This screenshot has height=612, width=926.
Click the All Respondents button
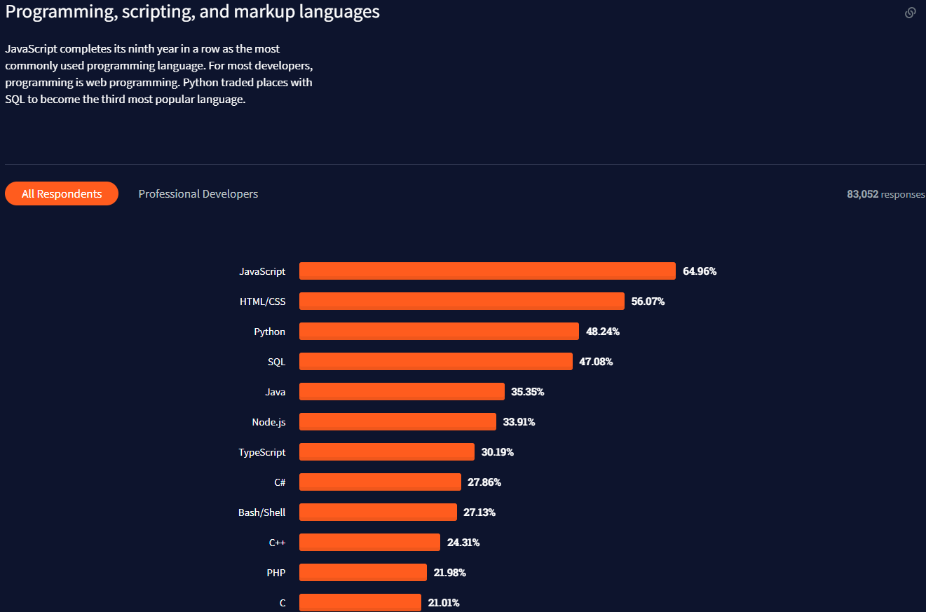[62, 194]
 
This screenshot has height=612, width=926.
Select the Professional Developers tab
[198, 194]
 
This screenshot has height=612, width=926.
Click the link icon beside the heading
[910, 13]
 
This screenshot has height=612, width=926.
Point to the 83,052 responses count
[885, 194]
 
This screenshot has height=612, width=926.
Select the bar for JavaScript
[487, 271]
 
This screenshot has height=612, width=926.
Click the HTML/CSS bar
[461, 301]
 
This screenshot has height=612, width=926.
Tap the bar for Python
[439, 332]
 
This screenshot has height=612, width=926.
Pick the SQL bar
[435, 362]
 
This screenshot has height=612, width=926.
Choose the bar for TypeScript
[386, 452]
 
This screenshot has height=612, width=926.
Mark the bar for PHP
[362, 573]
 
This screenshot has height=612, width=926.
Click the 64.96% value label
[700, 271]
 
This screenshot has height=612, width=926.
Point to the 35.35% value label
[528, 392]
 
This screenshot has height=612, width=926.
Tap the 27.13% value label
[479, 512]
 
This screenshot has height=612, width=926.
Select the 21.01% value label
[444, 603]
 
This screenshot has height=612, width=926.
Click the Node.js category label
[268, 422]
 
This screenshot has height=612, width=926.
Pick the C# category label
[280, 482]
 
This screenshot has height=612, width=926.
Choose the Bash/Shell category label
[261, 512]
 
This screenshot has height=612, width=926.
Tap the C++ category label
[277, 543]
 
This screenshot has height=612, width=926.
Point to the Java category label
[275, 392]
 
